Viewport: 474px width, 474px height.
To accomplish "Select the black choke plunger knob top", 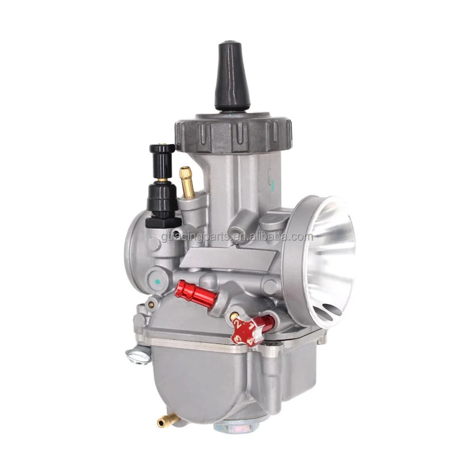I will (162, 149).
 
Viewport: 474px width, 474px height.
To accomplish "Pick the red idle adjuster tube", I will (194, 294).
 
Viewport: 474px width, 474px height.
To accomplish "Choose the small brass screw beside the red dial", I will (233, 316).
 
